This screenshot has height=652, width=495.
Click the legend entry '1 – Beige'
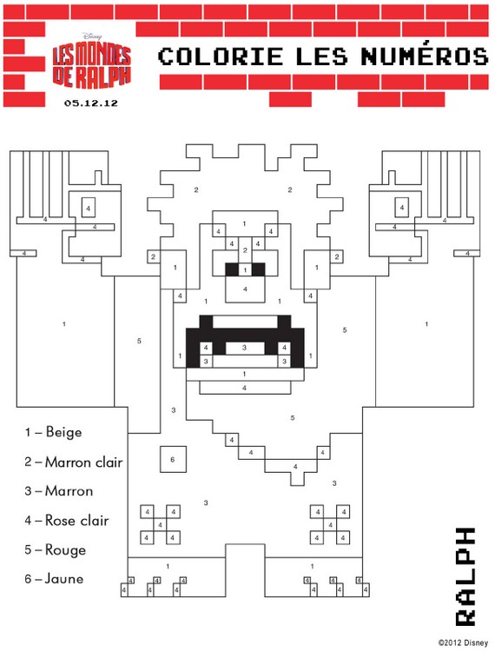53,432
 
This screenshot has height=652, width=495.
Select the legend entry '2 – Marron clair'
74,462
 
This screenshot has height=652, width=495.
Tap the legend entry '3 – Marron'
58,491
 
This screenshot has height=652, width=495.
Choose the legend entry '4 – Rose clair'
67,520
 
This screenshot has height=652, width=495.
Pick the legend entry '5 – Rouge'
56,549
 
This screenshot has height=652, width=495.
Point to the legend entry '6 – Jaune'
54,579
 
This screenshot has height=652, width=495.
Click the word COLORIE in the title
221,57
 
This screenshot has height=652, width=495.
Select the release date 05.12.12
91,103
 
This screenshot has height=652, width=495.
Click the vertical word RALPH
465,576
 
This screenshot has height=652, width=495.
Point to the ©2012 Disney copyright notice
463,642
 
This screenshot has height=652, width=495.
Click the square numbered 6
173,459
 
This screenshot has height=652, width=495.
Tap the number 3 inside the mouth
245,348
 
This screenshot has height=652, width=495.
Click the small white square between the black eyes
245,269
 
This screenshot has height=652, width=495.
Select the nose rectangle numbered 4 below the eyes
245,289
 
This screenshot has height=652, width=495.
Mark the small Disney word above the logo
92,37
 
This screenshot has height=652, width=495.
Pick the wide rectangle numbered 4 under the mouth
245,388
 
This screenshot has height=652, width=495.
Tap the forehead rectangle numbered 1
245,223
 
